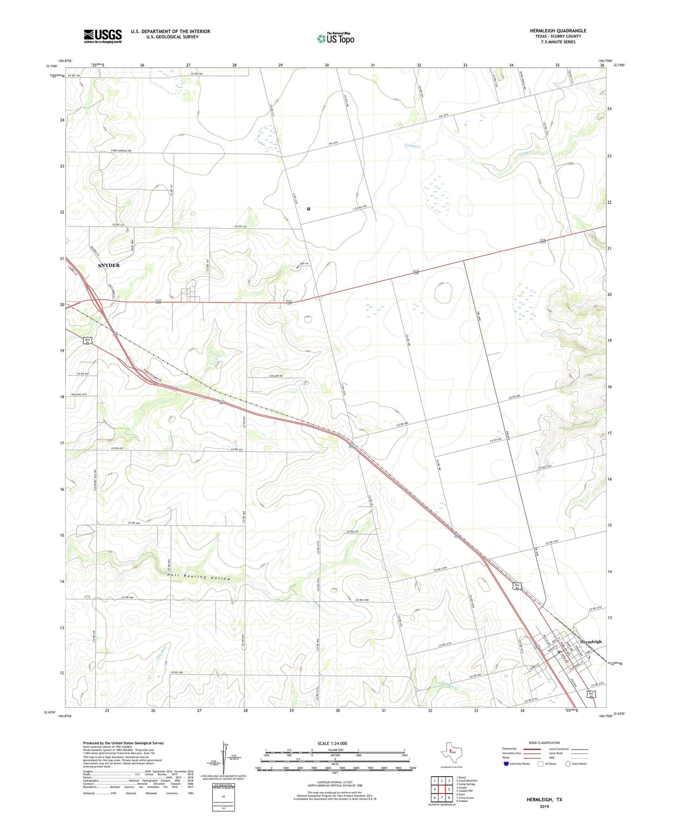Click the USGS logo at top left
pos(103,36)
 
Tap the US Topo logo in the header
pos(335,38)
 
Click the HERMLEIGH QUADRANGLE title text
pos(558,31)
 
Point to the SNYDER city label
pos(109,265)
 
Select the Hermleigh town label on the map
pos(591,642)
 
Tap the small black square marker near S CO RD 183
pos(309,209)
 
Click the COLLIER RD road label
pos(276,376)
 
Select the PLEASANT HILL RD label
pos(94,483)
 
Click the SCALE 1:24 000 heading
pos(332,743)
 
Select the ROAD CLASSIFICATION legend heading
pos(544,743)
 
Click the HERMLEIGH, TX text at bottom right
pos(544,800)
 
